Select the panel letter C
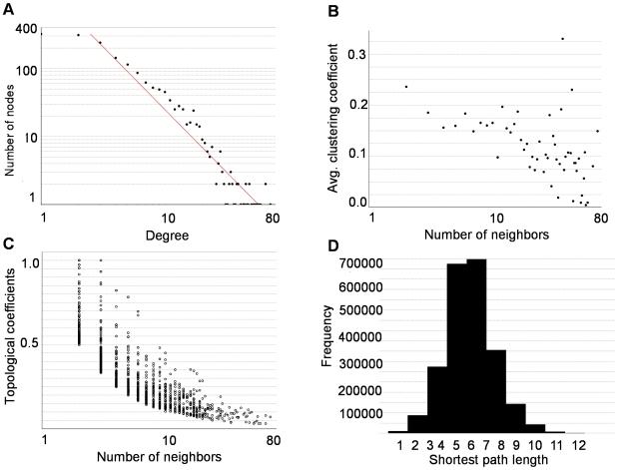[8, 244]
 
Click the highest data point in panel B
[563, 39]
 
